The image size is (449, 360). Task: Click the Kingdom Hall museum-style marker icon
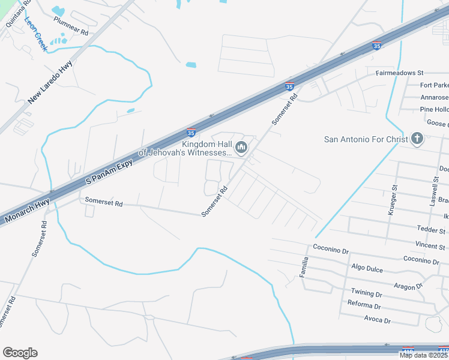(241, 147)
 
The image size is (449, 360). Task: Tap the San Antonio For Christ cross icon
(417, 139)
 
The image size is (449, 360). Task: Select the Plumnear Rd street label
(71, 26)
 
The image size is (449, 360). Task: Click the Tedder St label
(431, 230)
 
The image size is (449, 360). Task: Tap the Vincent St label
(430, 246)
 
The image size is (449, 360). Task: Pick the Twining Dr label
(366, 294)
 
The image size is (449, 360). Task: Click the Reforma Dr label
(364, 305)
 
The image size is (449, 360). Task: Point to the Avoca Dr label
(377, 320)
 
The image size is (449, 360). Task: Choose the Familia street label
(305, 267)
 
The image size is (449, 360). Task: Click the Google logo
(20, 353)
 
